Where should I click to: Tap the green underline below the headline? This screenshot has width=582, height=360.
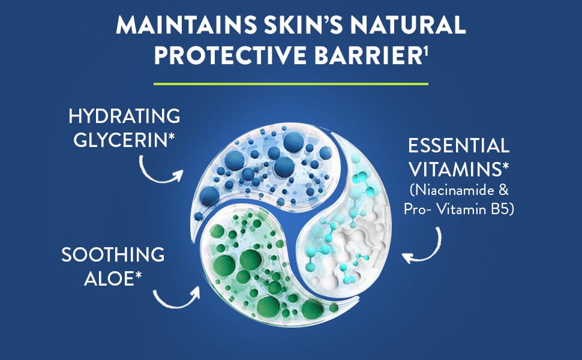pyautogui.click(x=291, y=83)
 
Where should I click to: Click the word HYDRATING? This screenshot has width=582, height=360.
pyautogui.click(x=124, y=116)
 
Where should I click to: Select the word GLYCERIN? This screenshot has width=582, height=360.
pyautogui.click(x=120, y=139)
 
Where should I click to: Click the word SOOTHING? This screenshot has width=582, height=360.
pyautogui.click(x=113, y=254)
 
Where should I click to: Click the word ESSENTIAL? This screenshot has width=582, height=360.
pyautogui.click(x=459, y=145)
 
